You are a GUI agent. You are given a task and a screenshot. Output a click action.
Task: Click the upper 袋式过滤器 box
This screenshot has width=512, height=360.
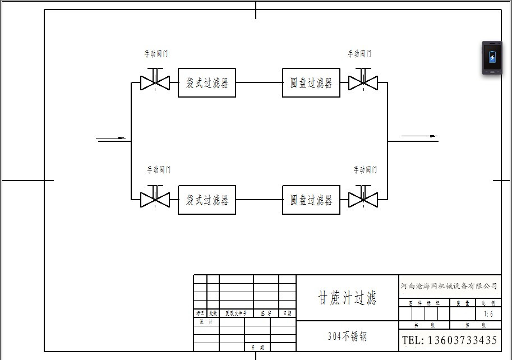[207, 83]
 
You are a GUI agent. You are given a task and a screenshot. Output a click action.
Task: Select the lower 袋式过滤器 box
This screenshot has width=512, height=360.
[207, 200]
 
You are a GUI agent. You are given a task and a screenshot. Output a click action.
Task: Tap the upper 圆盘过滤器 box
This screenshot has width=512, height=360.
[311, 83]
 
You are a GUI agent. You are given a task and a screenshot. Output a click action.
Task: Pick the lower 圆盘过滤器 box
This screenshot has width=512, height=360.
[311, 200]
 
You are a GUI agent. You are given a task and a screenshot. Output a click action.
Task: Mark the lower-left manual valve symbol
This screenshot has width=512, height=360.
[155, 199]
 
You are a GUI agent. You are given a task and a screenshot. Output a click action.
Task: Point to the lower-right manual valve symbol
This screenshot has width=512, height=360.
[363, 199]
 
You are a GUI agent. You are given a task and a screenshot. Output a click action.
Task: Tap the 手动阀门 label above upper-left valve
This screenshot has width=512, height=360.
[155, 54]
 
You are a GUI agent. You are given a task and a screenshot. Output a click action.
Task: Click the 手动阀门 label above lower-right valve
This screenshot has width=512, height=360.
[365, 169]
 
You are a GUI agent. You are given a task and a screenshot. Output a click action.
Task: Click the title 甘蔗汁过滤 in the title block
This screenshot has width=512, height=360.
[347, 297]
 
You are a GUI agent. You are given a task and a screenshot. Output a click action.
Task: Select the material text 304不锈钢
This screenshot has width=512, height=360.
[347, 336]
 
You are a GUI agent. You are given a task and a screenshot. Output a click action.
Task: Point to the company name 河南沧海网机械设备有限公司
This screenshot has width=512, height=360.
[449, 286]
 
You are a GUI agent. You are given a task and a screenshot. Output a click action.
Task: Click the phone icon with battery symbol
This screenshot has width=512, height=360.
[492, 58]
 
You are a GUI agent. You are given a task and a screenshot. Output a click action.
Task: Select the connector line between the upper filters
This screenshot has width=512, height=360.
[259, 83]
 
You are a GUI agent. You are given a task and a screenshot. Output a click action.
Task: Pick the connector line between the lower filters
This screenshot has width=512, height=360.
[259, 200]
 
